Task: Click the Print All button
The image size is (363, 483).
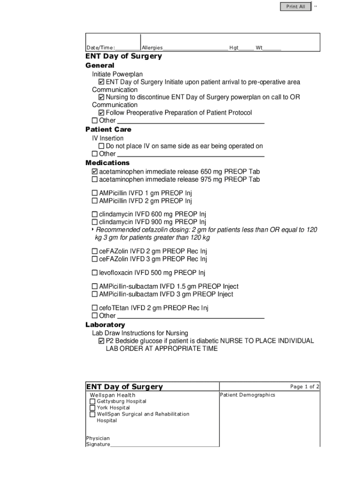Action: pyautogui.click(x=296, y=7)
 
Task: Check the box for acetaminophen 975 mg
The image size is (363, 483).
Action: pyautogui.click(x=95, y=180)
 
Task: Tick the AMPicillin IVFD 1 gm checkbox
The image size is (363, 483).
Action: pyautogui.click(x=95, y=193)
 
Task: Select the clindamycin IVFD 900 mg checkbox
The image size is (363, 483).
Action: pyautogui.click(x=95, y=222)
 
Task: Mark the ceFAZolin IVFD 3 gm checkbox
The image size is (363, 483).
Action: pyautogui.click(x=95, y=259)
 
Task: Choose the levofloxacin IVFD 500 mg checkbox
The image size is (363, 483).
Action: pyautogui.click(x=95, y=273)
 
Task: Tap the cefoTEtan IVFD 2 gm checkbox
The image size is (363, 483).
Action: pyautogui.click(x=95, y=308)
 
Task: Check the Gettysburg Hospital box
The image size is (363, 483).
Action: pyautogui.click(x=93, y=401)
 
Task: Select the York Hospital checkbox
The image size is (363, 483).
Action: pyautogui.click(x=93, y=408)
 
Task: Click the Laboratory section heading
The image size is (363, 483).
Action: pyautogui.click(x=105, y=325)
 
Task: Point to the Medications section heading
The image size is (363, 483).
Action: pyautogui.click(x=107, y=163)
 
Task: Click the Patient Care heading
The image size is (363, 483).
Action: pyautogui.click(x=108, y=129)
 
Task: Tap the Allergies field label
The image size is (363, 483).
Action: pyautogui.click(x=152, y=48)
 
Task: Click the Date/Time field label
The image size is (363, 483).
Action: pyautogui.click(x=100, y=48)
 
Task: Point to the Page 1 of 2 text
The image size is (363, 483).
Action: pyautogui.click(x=305, y=387)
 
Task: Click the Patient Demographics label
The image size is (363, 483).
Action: pyautogui.click(x=247, y=395)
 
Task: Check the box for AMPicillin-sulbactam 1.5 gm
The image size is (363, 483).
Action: pyautogui.click(x=95, y=286)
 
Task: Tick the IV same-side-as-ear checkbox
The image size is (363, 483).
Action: pyautogui.click(x=101, y=146)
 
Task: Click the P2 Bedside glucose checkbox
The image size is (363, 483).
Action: pyautogui.click(x=101, y=341)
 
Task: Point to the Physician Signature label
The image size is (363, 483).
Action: pyautogui.click(x=98, y=441)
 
